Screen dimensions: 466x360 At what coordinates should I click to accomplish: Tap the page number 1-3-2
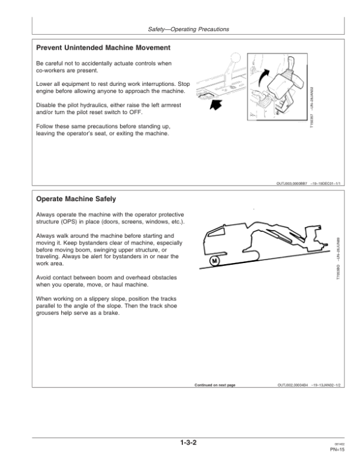188,445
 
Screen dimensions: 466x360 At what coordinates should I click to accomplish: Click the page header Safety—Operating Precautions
188,29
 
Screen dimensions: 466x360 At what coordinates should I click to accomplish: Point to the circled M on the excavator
215,262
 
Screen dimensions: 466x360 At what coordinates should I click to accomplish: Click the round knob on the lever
235,61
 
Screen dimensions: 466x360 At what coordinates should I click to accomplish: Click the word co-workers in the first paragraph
52,71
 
